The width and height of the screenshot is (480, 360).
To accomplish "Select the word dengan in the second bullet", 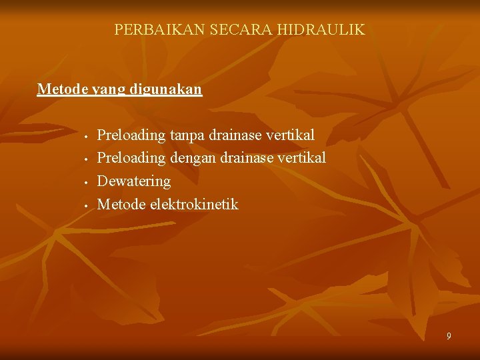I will tap(193, 159).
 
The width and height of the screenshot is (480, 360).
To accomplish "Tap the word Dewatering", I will tap(133, 181).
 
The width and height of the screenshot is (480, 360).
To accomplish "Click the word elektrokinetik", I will tap(193, 204).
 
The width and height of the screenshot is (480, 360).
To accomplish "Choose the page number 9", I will tap(449, 336).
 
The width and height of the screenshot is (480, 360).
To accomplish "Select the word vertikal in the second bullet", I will tap(301, 158).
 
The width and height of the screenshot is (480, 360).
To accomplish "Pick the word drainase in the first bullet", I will tap(235, 135).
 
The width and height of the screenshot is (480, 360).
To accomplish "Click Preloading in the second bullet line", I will tap(131, 159).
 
